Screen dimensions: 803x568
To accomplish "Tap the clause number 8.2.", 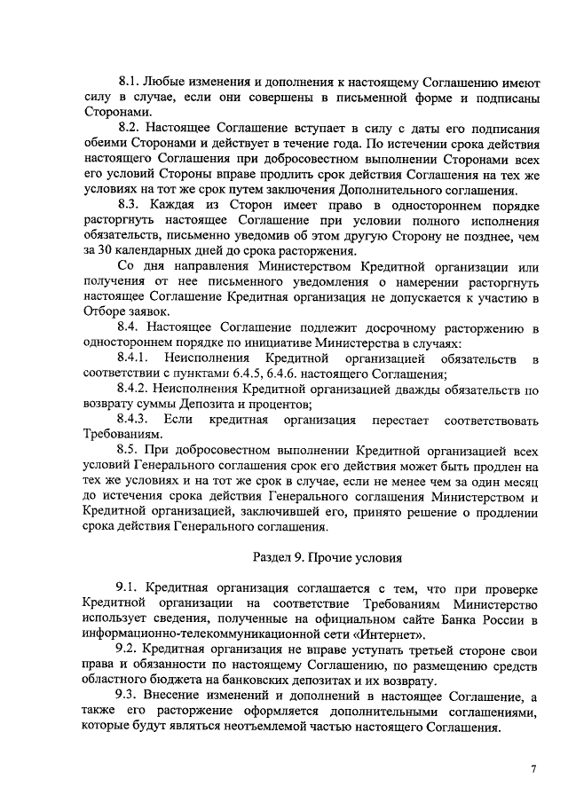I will tap(130, 130).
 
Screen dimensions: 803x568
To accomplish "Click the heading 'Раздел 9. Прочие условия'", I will tap(323, 558).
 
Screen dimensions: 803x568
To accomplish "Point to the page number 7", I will tap(533, 768).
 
